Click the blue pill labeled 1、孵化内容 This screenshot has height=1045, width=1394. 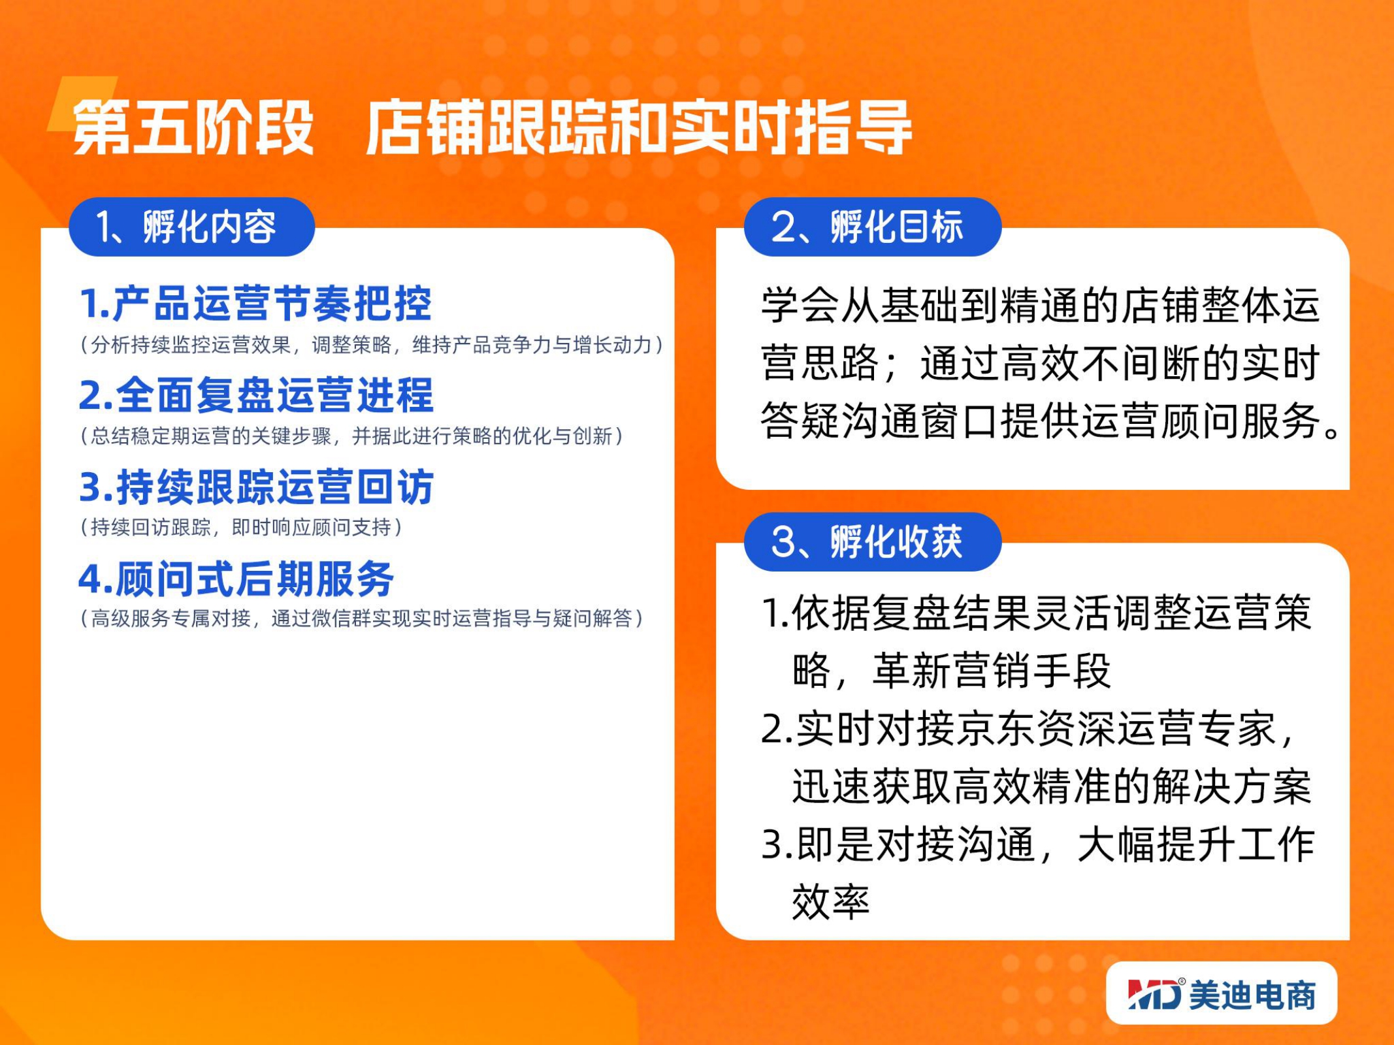click(191, 227)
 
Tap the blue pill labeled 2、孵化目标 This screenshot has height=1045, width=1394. click(872, 227)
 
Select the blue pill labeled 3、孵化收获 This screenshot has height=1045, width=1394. click(872, 541)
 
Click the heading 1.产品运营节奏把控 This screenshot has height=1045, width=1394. click(255, 304)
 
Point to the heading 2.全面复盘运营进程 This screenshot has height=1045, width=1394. click(256, 395)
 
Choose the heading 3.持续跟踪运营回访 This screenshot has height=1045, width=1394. click(256, 487)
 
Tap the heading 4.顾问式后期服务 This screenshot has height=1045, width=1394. click(236, 579)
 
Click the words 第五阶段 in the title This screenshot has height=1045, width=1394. click(193, 127)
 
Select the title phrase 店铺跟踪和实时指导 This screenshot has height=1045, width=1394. click(638, 127)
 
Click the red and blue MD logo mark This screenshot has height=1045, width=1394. click(1155, 994)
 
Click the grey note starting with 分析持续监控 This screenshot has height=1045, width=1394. click(372, 345)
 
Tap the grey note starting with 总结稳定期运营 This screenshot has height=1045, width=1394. click(351, 436)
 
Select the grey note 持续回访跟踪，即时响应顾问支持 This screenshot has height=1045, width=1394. click(241, 527)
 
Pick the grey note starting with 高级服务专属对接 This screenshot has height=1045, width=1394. click(362, 618)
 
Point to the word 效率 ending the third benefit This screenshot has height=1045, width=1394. click(831, 902)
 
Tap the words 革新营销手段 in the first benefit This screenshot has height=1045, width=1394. click(992, 671)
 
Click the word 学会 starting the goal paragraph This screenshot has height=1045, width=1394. click(801, 305)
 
